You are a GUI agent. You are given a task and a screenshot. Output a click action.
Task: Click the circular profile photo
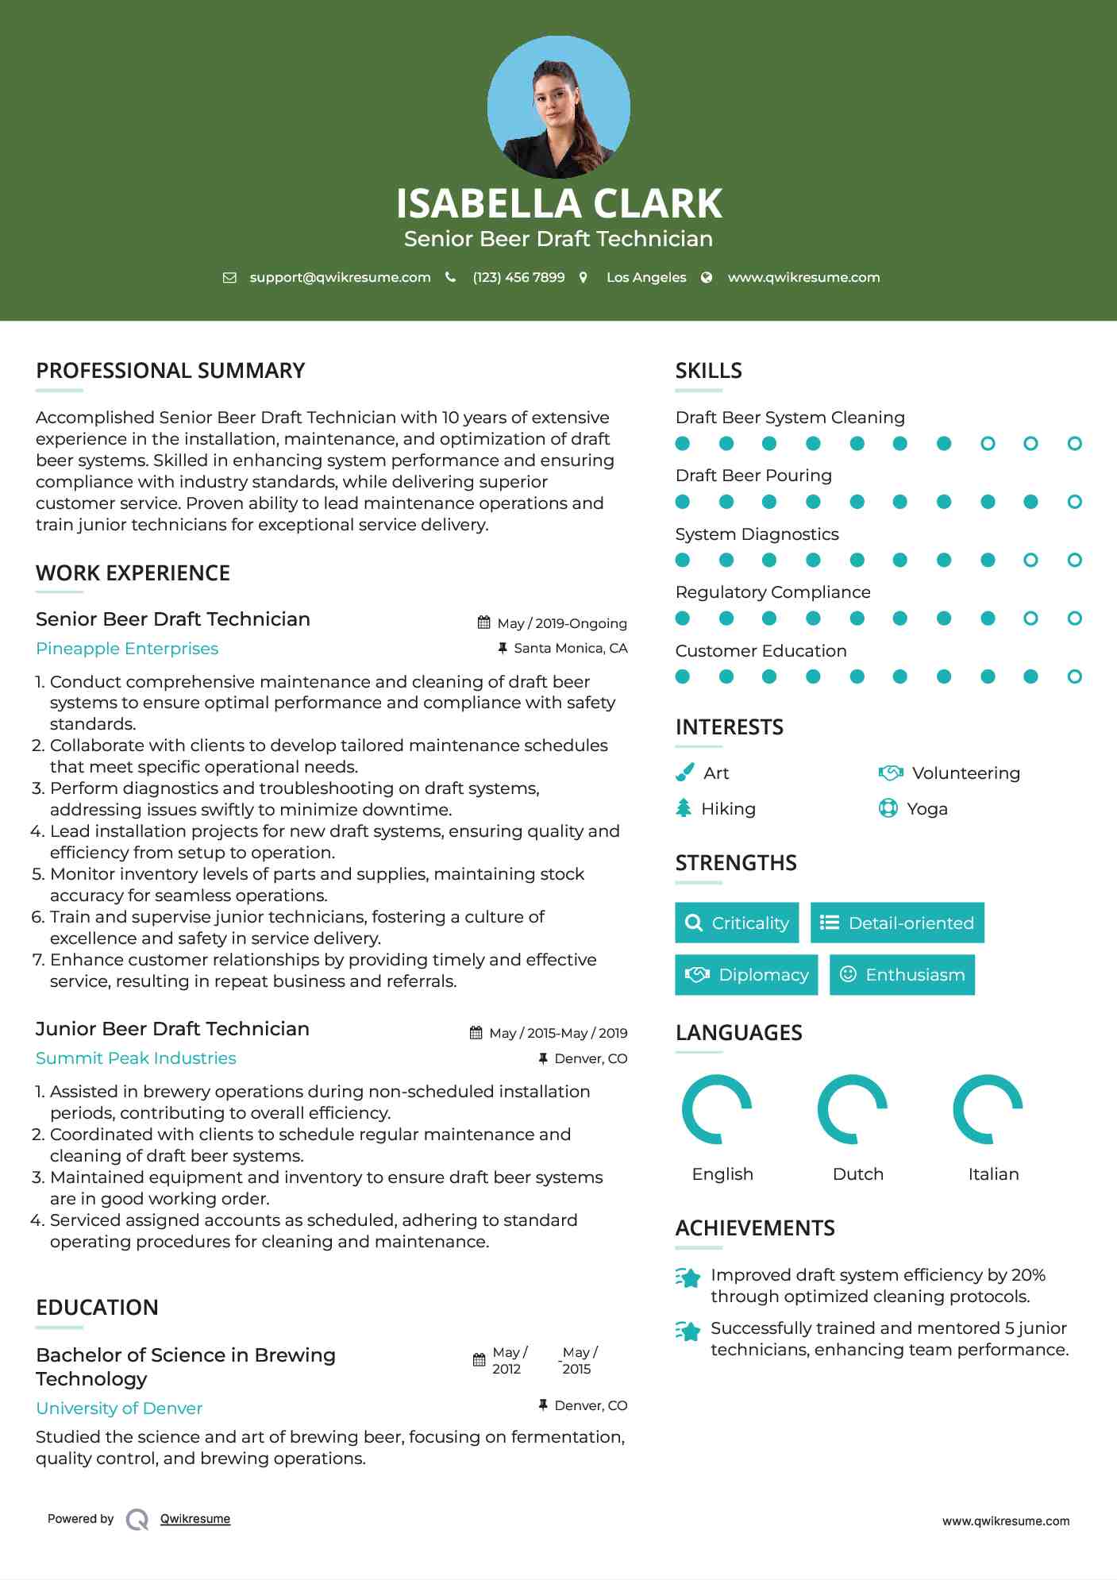coord(558,106)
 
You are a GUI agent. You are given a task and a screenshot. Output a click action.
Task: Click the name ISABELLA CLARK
coord(558,203)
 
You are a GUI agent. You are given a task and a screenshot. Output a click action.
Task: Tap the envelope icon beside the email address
coord(229,278)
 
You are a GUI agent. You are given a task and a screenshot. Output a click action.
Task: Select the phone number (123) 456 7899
coord(518,278)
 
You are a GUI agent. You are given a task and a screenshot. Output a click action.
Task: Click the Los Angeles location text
coord(645,278)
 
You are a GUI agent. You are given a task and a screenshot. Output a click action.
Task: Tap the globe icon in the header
coord(707,278)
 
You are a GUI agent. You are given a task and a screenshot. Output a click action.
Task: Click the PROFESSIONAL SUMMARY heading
coord(170,371)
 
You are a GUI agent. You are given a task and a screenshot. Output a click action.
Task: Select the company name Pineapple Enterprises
coord(127,649)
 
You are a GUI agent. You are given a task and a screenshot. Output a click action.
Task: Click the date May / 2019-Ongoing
coord(561,624)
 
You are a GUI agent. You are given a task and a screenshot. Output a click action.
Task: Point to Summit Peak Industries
coord(136,1058)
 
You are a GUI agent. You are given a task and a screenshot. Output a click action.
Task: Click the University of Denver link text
coord(119,1409)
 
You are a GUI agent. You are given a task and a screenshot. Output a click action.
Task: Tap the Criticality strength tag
coord(737,923)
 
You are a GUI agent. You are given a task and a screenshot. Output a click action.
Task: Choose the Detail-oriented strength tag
coord(897,923)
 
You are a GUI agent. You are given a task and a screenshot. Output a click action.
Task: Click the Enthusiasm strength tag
coord(902,974)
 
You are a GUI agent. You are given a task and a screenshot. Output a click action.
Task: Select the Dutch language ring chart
coord(852,1109)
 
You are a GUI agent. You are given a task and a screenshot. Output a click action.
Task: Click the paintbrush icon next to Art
coord(684,773)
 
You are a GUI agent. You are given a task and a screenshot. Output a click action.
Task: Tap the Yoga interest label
coord(927,809)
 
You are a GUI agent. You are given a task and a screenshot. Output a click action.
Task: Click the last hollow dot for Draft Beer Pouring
coord(1074,502)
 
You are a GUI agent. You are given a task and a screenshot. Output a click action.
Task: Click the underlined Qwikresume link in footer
coord(195,1519)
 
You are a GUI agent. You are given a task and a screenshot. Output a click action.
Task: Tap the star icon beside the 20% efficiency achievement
coord(688,1277)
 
